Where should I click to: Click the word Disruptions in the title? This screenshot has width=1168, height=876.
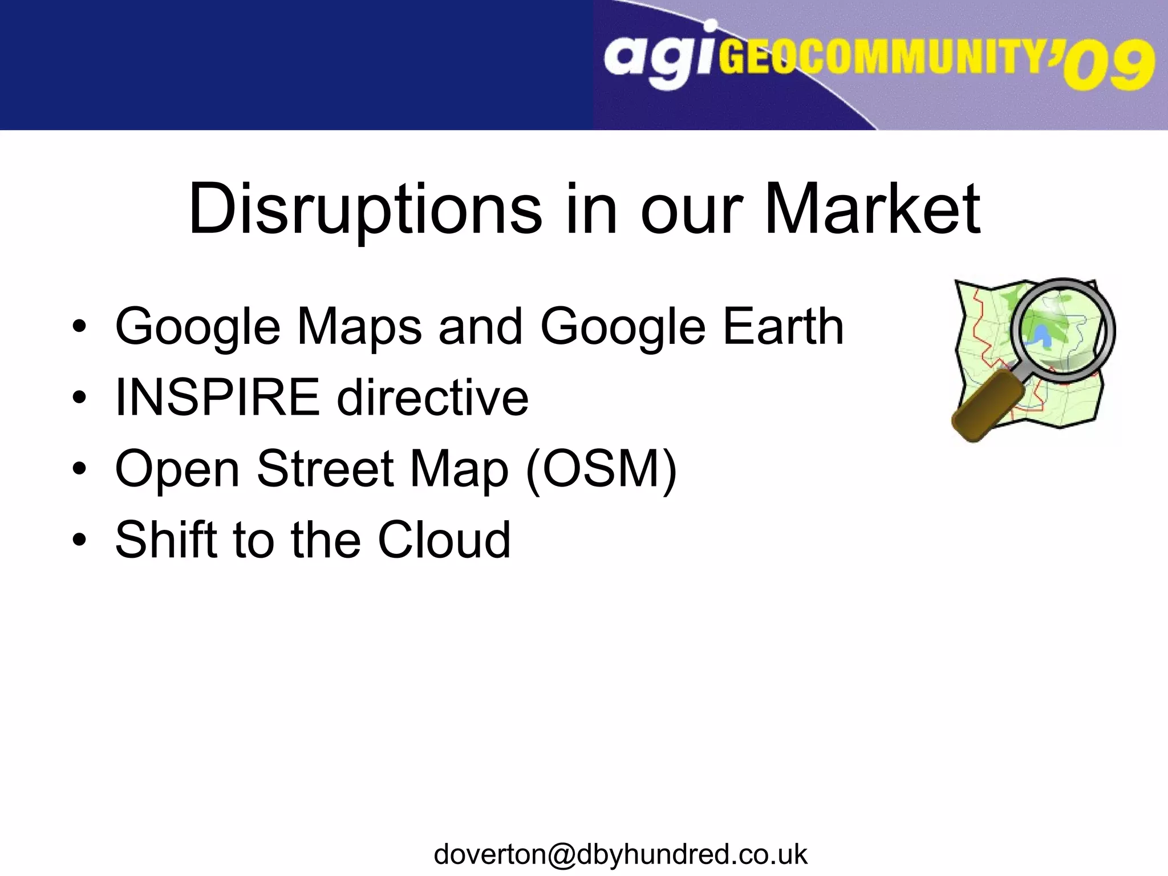(x=365, y=210)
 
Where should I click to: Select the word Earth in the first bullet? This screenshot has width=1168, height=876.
(x=783, y=326)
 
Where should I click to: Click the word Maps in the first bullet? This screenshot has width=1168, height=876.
(x=359, y=327)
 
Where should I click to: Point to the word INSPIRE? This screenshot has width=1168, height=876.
(x=218, y=397)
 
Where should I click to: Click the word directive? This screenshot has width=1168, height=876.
(x=433, y=397)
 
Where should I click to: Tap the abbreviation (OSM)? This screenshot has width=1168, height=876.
(x=601, y=469)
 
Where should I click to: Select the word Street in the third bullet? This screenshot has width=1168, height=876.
(x=325, y=468)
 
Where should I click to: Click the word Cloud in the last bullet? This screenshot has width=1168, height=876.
(x=444, y=540)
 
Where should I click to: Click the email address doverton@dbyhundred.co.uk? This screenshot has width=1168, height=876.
(x=620, y=854)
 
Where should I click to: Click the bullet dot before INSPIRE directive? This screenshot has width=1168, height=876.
(x=79, y=397)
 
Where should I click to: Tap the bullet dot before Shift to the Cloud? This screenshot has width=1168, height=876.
(x=79, y=540)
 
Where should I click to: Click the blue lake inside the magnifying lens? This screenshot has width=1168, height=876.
(x=1044, y=337)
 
